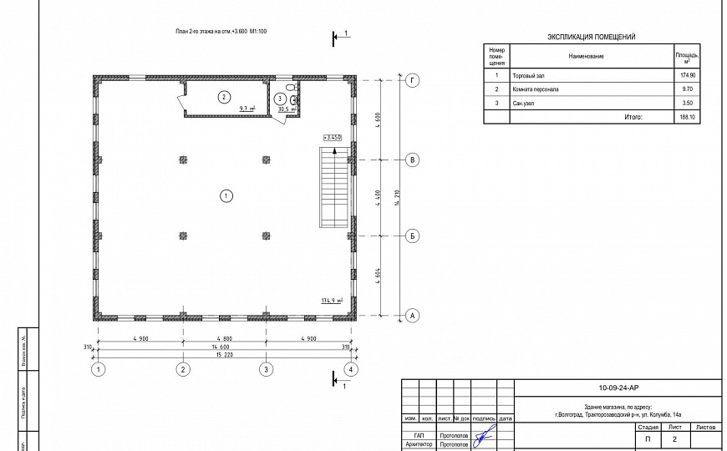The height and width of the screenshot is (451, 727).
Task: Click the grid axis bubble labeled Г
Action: pyautogui.click(x=412, y=80)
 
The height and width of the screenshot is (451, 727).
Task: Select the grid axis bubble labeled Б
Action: pyautogui.click(x=412, y=237)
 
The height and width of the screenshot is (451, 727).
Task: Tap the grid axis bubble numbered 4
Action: pyautogui.click(x=351, y=369)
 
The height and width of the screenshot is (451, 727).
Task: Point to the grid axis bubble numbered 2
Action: pyautogui.click(x=183, y=369)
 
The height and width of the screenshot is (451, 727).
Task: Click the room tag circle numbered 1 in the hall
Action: pyautogui.click(x=226, y=196)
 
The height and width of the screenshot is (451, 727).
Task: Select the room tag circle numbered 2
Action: pyautogui.click(x=223, y=97)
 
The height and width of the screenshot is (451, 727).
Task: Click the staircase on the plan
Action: pyautogui.click(x=332, y=187)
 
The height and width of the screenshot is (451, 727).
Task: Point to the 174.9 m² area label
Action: pyautogui.click(x=333, y=299)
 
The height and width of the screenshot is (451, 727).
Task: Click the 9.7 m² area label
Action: pyautogui.click(x=247, y=109)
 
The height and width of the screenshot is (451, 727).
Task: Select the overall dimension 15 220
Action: pyautogui.click(x=224, y=355)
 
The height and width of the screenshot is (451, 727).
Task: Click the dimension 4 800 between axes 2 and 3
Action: pyautogui.click(x=224, y=338)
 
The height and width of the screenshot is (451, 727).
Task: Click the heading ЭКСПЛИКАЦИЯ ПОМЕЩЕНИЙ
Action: pyautogui.click(x=591, y=38)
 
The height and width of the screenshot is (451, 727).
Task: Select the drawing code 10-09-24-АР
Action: pyautogui.click(x=618, y=388)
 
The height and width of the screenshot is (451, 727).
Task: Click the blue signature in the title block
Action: pyautogui.click(x=482, y=436)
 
